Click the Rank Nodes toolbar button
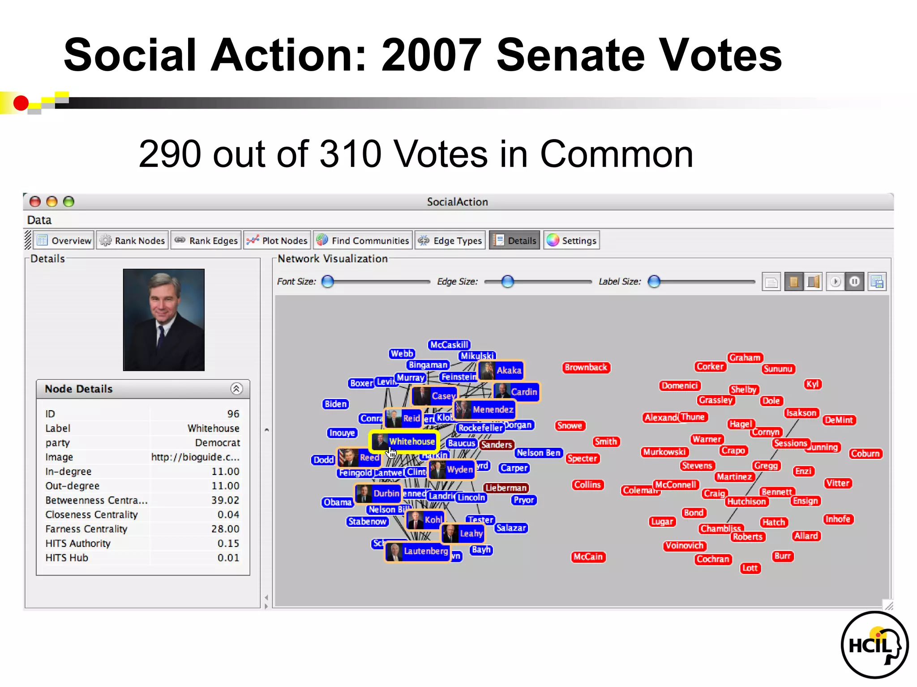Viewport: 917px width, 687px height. pos(133,241)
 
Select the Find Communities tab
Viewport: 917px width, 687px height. pos(363,241)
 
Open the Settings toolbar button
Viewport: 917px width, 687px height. pos(572,241)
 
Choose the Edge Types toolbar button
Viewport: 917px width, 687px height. pos(450,241)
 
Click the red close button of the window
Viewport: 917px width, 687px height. pos(35,202)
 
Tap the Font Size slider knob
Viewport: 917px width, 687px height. pos(328,281)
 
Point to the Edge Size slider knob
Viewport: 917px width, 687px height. pos(507,281)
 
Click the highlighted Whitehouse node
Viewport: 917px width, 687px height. pos(404,442)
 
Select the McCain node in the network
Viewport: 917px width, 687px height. pos(588,557)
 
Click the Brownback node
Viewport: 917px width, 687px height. pos(586,368)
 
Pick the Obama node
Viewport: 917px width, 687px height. pos(338,502)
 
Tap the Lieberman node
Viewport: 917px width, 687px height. pos(506,488)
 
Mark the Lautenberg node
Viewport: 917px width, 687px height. pos(418,551)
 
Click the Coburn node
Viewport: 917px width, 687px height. pos(865,454)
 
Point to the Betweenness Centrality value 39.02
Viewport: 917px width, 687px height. pos(225,500)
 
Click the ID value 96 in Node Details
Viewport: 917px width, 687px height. pos(233,414)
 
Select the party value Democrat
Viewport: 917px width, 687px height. pos(218,442)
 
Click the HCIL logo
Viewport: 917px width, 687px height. pos(874,645)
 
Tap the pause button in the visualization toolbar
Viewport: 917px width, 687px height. pos(854,282)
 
